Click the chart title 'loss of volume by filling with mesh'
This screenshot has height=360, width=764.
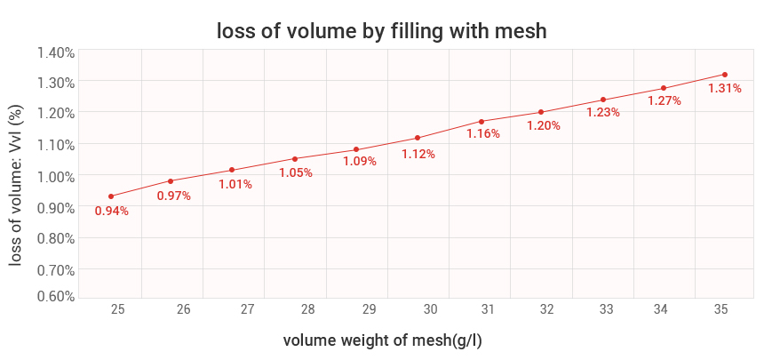(381, 31)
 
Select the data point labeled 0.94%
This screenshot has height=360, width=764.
(111, 196)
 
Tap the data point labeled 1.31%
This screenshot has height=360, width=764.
(725, 75)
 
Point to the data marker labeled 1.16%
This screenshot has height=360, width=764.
(481, 122)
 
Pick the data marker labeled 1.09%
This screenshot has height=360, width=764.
(356, 149)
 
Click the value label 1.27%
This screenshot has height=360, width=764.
(664, 101)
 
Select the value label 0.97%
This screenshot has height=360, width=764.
(174, 196)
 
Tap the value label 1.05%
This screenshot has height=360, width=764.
(296, 173)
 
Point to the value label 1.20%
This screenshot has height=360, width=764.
(543, 126)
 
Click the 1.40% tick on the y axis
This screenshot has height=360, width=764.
(55, 52)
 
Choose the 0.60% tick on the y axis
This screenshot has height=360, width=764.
(55, 296)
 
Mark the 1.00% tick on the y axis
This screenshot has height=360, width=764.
(55, 176)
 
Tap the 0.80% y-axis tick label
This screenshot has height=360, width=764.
(55, 238)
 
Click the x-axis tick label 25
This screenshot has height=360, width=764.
(117, 309)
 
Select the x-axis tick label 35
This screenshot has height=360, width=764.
(720, 309)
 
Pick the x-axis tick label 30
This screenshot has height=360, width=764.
(431, 309)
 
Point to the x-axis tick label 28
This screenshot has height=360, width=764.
(308, 309)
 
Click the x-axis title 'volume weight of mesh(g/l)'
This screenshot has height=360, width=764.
(382, 340)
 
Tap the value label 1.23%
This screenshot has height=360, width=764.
(602, 113)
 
